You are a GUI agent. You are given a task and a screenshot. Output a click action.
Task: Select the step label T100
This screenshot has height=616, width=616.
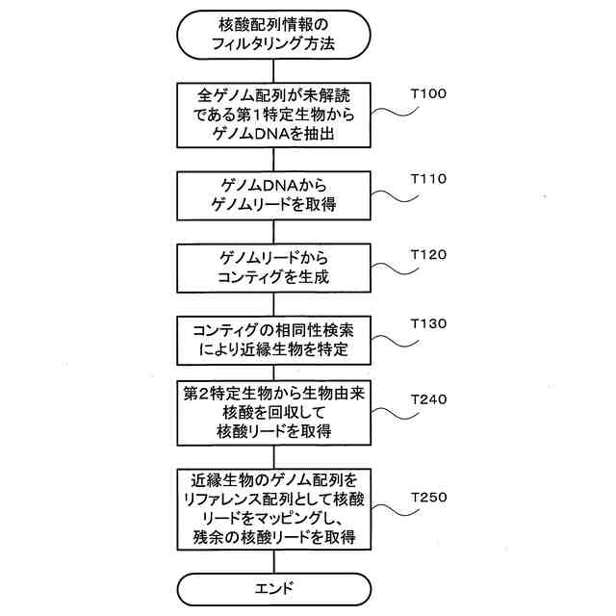(428, 94)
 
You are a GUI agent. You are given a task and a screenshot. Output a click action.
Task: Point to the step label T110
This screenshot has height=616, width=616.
(428, 179)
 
